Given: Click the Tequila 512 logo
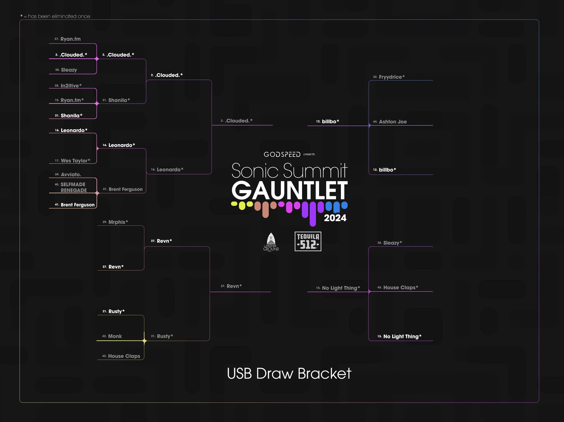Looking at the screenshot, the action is pos(308,241).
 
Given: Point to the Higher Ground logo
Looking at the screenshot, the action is pos(271,242).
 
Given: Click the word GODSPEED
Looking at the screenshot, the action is pos(282,154).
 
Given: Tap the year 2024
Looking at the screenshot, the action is pos(335,218).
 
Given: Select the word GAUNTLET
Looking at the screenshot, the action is pos(289,190).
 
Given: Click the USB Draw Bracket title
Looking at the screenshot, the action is pos(289,374).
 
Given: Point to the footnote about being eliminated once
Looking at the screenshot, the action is pos(55,16).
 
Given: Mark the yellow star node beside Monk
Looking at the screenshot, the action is pos(144,340).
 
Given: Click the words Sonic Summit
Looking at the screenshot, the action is pos(289,170).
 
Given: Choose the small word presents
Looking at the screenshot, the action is pos(309,154).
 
